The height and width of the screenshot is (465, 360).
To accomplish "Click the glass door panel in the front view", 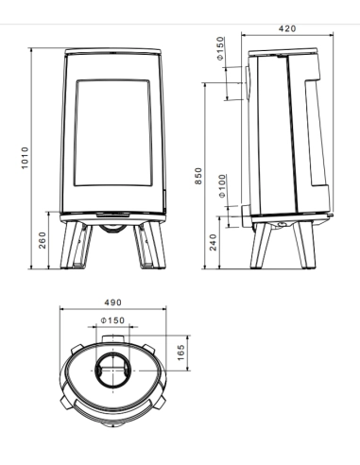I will point(113,138).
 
